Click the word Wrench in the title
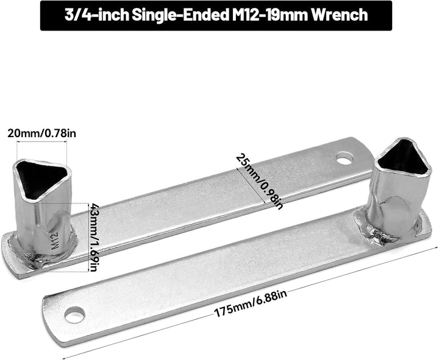coord(340,15)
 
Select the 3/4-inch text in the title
coord(96,15)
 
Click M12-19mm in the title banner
coord(270,15)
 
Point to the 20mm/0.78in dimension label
coord(41,133)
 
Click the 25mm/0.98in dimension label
coord(260,181)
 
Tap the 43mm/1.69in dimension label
coord(93,237)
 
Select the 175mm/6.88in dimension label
coord(251,303)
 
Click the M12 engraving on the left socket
coord(55,241)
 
